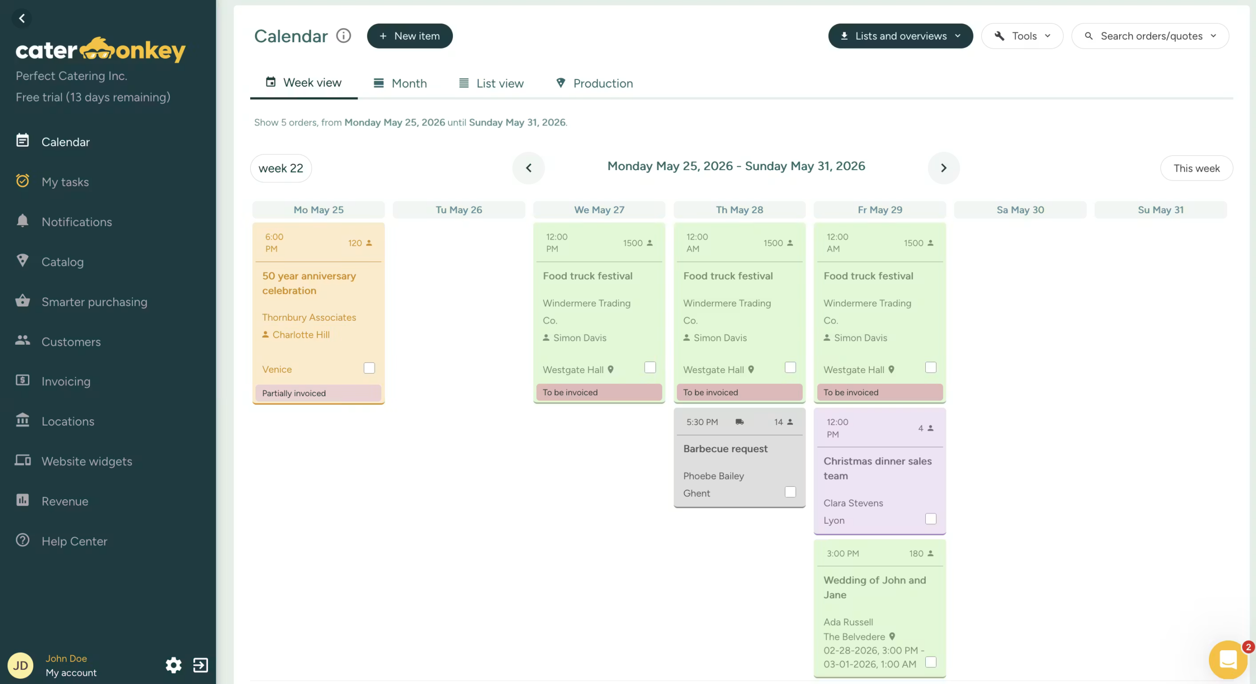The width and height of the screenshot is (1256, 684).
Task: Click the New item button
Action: click(410, 36)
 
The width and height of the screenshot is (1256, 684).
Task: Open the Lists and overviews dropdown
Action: click(900, 36)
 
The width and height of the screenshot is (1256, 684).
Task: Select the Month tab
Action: click(400, 83)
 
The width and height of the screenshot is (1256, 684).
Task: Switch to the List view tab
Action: click(491, 83)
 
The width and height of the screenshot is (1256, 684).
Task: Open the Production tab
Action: click(594, 83)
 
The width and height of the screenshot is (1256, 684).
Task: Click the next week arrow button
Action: click(943, 168)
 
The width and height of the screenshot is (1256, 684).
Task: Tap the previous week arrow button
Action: click(528, 168)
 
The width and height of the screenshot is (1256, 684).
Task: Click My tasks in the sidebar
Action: click(65, 182)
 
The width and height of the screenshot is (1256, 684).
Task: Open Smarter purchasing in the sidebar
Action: click(94, 302)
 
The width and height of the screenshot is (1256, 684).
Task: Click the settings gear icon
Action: click(173, 665)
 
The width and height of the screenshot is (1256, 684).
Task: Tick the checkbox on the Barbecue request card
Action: click(790, 492)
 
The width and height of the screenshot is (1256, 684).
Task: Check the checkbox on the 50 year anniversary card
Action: click(369, 368)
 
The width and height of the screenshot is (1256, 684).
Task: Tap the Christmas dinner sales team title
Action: click(877, 468)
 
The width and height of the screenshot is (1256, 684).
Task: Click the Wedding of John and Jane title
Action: click(875, 587)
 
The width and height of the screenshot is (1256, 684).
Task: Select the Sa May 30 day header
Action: click(1020, 210)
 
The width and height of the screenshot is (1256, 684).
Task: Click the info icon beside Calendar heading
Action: click(343, 36)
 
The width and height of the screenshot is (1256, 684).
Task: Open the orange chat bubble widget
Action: click(1228, 659)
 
